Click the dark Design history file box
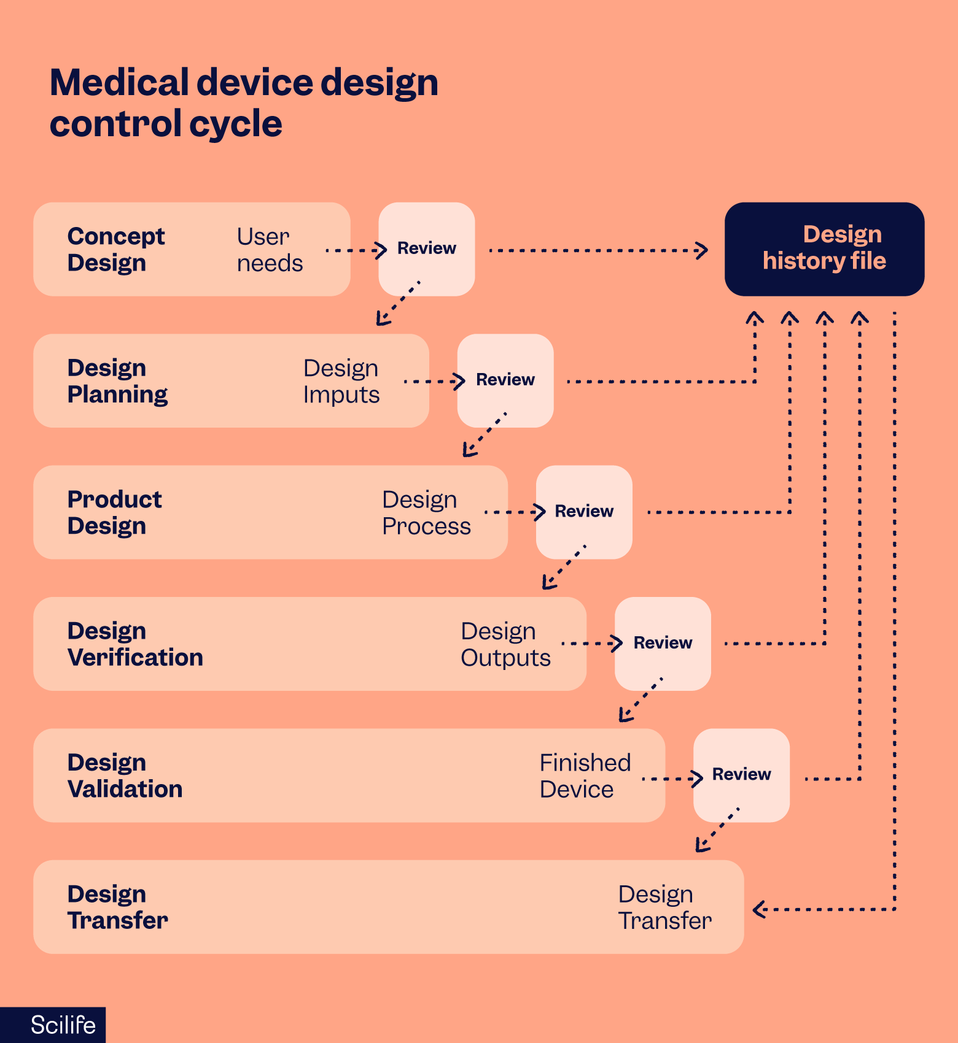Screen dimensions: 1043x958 point(824,248)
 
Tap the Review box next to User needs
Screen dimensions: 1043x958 point(426,248)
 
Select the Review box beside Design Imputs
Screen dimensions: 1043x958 point(505,380)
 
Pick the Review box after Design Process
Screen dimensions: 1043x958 point(583,512)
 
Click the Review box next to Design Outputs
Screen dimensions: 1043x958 point(662,643)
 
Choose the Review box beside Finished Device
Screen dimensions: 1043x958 point(741,774)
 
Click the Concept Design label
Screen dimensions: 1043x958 point(115,249)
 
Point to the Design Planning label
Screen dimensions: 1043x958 point(117,380)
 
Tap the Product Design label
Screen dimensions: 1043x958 point(114,512)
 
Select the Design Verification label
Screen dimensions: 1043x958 point(134,644)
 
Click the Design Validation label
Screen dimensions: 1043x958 point(125,776)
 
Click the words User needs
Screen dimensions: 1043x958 point(269,250)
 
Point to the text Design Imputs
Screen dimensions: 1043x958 point(341,381)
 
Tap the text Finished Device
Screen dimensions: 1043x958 point(584,776)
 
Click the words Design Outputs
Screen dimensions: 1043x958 point(505,644)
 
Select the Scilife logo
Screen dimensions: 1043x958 point(62,1025)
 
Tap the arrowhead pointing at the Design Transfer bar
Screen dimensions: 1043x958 point(759,909)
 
